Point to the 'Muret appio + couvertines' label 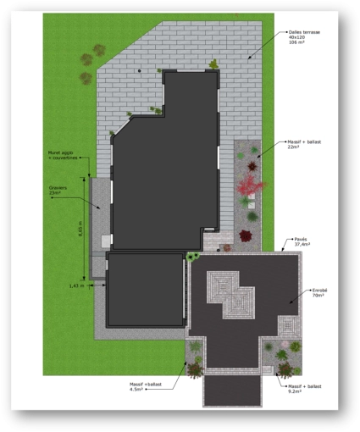click(x=63, y=155)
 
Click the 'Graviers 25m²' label click(x=57, y=191)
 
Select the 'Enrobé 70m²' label click(x=319, y=293)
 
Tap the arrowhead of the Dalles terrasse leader click(x=248, y=57)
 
